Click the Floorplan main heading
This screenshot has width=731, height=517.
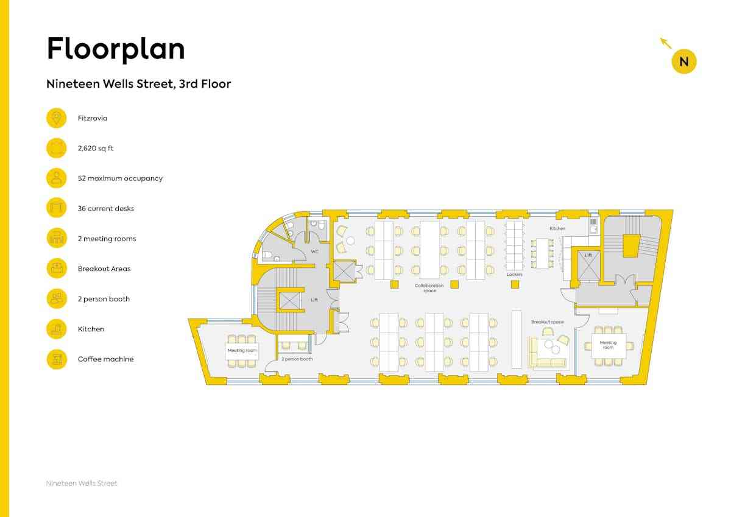116,49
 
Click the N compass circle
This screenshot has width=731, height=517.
684,62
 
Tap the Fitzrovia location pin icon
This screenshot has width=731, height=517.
57,118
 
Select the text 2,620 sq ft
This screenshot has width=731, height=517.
95,149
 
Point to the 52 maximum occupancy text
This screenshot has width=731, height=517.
120,178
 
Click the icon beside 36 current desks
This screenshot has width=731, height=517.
57,208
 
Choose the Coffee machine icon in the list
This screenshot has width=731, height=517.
57,359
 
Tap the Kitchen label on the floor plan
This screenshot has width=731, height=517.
557,228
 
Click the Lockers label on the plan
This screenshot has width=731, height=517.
514,275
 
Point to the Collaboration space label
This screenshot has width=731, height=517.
429,288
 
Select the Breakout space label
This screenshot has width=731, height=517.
547,322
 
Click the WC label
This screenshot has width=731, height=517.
314,251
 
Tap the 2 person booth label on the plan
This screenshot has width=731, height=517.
297,359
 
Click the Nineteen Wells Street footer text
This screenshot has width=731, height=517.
82,484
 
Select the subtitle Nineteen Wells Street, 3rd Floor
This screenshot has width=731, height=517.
139,84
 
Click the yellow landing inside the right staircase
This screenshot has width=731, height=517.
632,245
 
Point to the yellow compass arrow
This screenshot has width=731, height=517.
666,43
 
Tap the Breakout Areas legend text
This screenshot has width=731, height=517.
104,269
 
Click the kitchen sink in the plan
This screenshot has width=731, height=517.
593,230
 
